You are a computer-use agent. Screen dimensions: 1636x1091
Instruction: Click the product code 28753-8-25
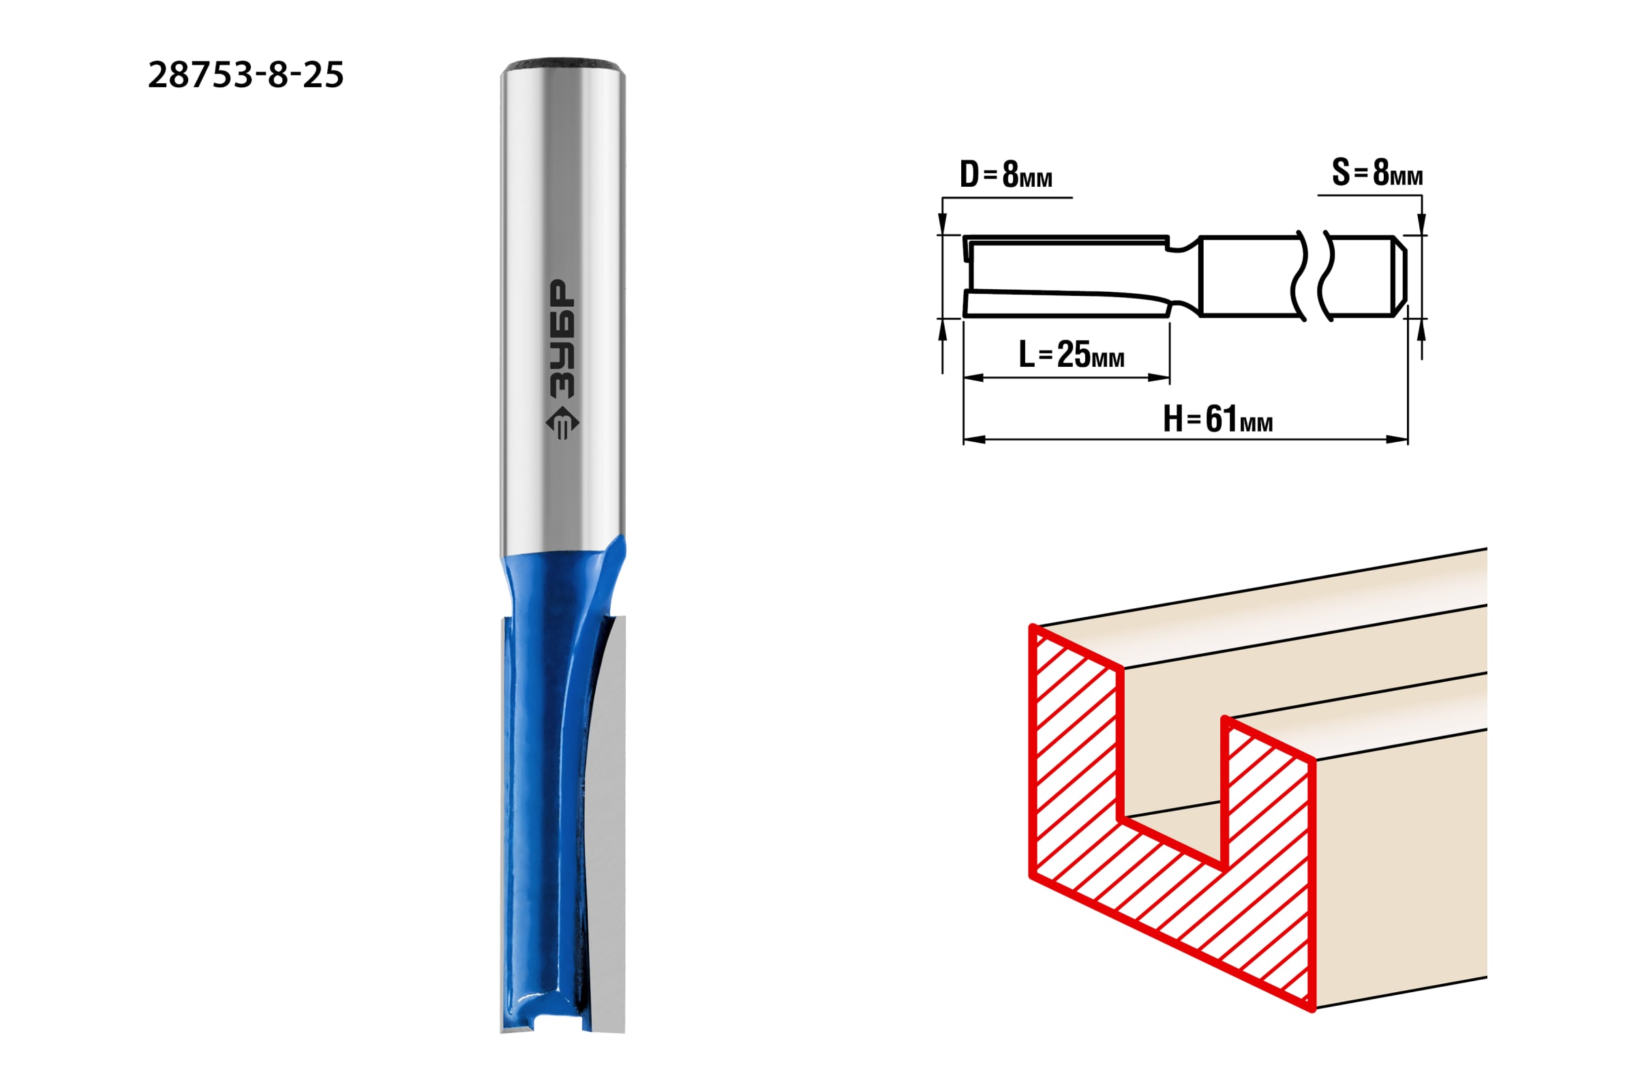[x=246, y=74]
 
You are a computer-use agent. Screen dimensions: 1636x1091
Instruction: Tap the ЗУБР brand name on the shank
[x=563, y=339]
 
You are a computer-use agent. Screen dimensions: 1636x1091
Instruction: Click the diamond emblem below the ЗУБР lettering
[x=562, y=421]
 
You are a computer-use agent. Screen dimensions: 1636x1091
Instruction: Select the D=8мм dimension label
[x=1006, y=173]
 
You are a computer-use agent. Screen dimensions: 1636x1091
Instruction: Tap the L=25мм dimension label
[x=1071, y=354]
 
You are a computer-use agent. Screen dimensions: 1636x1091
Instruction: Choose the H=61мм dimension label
[x=1218, y=419]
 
